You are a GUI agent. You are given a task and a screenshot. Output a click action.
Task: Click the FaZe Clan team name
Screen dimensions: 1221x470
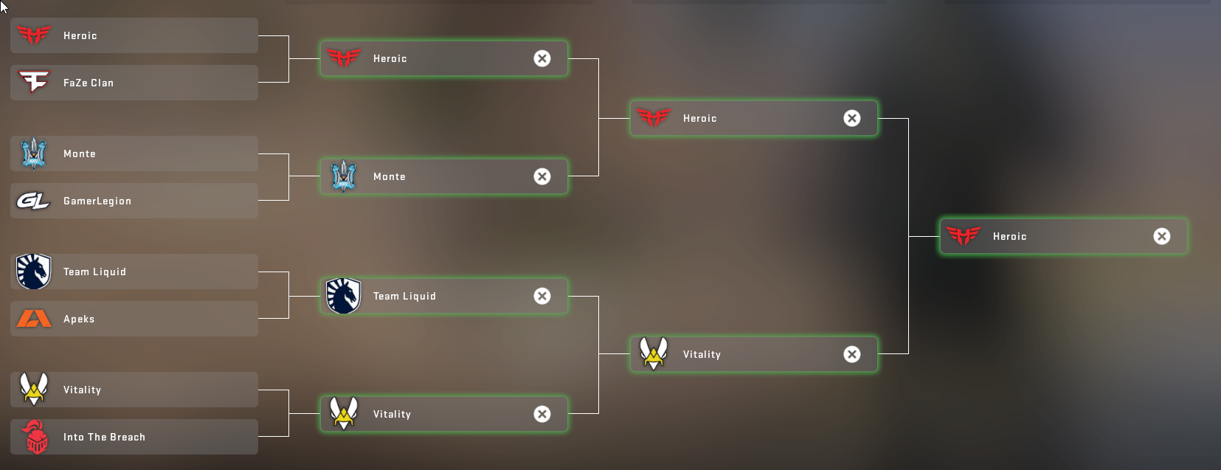pyautogui.click(x=89, y=83)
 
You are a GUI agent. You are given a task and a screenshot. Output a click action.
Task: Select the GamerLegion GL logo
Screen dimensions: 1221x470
pyautogui.click(x=33, y=201)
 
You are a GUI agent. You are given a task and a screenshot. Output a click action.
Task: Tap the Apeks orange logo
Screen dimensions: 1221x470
pyautogui.click(x=34, y=319)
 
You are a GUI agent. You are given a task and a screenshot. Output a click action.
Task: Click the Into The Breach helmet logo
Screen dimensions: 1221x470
pyautogui.click(x=35, y=437)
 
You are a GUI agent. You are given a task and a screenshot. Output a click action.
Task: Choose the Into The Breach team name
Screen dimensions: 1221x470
pyautogui.click(x=104, y=437)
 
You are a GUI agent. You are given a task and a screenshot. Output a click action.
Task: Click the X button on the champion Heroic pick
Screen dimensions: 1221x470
pyautogui.click(x=1161, y=236)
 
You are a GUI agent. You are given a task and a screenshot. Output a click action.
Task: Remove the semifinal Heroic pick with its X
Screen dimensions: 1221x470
pyautogui.click(x=852, y=118)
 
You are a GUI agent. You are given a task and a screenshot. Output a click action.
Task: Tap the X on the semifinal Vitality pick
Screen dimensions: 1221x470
pyautogui.click(x=852, y=354)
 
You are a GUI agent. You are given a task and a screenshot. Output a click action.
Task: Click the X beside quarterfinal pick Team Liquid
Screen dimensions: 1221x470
pyautogui.click(x=542, y=296)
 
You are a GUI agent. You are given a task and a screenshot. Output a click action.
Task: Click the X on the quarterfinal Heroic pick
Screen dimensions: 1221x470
pyautogui.click(x=542, y=58)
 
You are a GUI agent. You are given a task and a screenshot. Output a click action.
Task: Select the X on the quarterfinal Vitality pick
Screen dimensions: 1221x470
pyautogui.click(x=542, y=414)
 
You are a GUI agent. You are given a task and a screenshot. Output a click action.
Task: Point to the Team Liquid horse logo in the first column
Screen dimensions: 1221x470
pyautogui.click(x=33, y=272)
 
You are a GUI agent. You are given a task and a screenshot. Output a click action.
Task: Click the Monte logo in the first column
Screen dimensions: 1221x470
pyautogui.click(x=34, y=153)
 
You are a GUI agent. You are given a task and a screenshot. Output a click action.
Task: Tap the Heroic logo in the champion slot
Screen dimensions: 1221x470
pyautogui.click(x=964, y=235)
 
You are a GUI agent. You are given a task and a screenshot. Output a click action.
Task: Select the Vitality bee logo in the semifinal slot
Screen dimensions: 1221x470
pyautogui.click(x=654, y=353)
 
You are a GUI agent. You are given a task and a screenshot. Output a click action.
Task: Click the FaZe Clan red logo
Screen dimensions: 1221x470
pyautogui.click(x=34, y=82)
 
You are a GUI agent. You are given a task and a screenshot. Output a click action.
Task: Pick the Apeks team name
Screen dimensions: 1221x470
pyautogui.click(x=79, y=319)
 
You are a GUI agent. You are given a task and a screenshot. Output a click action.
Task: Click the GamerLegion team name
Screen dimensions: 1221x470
pyautogui.click(x=97, y=201)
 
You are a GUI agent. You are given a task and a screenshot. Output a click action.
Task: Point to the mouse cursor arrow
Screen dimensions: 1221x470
pyautogui.click(x=3, y=6)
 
